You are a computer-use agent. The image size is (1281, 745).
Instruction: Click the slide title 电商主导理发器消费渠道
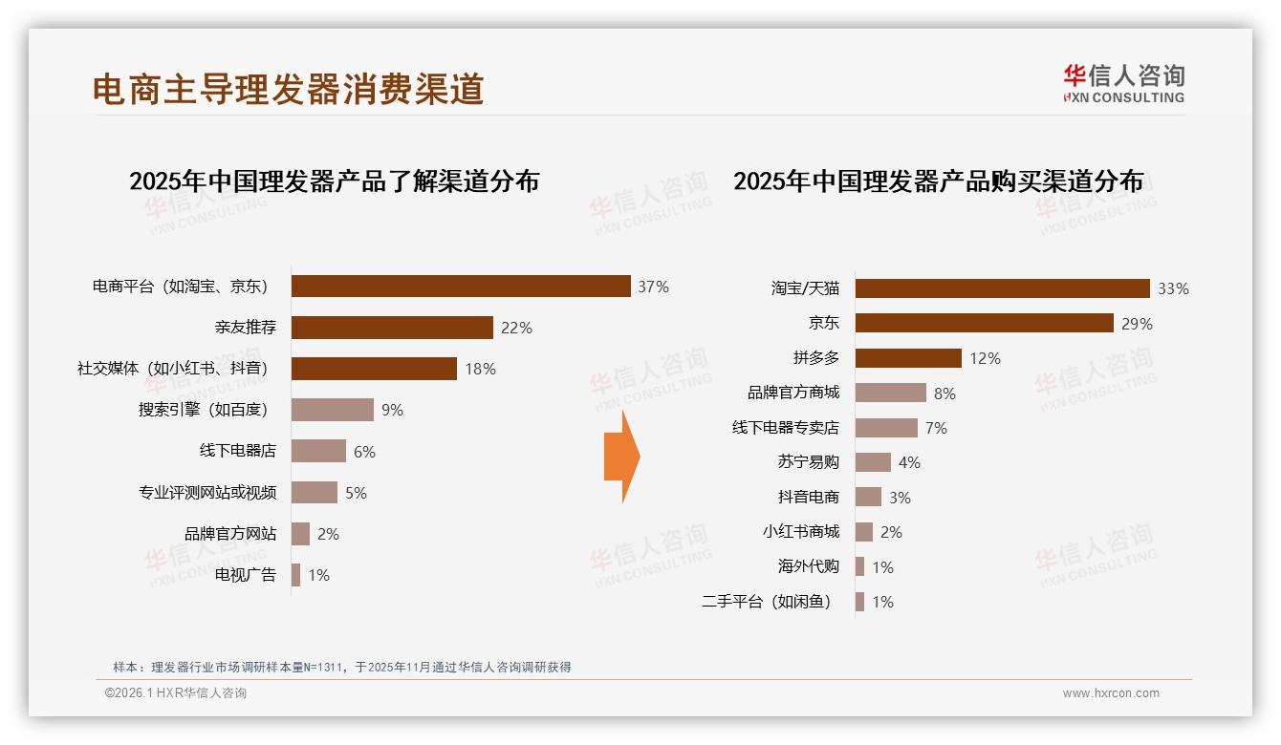tap(288, 89)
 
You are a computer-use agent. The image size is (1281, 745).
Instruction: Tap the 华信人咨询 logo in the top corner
tap(1123, 83)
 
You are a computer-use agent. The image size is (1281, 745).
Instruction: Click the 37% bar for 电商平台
tap(460, 287)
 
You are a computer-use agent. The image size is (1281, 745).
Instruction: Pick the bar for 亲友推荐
tap(392, 328)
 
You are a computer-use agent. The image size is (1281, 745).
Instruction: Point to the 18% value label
tap(477, 369)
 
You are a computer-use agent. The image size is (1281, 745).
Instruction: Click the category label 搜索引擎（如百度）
tap(203, 410)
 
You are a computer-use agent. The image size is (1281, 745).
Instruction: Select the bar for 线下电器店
tap(318, 451)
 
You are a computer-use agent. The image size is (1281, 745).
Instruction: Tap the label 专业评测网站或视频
tap(207, 493)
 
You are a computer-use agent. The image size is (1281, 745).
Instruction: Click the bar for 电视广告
tap(295, 575)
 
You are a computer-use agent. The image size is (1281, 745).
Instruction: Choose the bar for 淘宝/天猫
tap(1002, 288)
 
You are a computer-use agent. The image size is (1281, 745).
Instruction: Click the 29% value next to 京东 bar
tap(1138, 324)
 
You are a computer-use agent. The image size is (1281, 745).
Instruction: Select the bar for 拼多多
tap(908, 358)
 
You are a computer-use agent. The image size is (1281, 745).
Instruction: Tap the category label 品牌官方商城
tap(792, 393)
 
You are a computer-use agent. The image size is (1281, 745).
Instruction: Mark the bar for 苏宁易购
tap(873, 462)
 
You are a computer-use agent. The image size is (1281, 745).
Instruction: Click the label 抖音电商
tap(808, 497)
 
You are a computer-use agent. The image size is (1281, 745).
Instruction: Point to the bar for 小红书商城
tap(864, 532)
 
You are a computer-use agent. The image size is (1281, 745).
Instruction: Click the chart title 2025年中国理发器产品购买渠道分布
tap(938, 181)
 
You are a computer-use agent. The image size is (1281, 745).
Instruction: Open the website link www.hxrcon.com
tap(1111, 693)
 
